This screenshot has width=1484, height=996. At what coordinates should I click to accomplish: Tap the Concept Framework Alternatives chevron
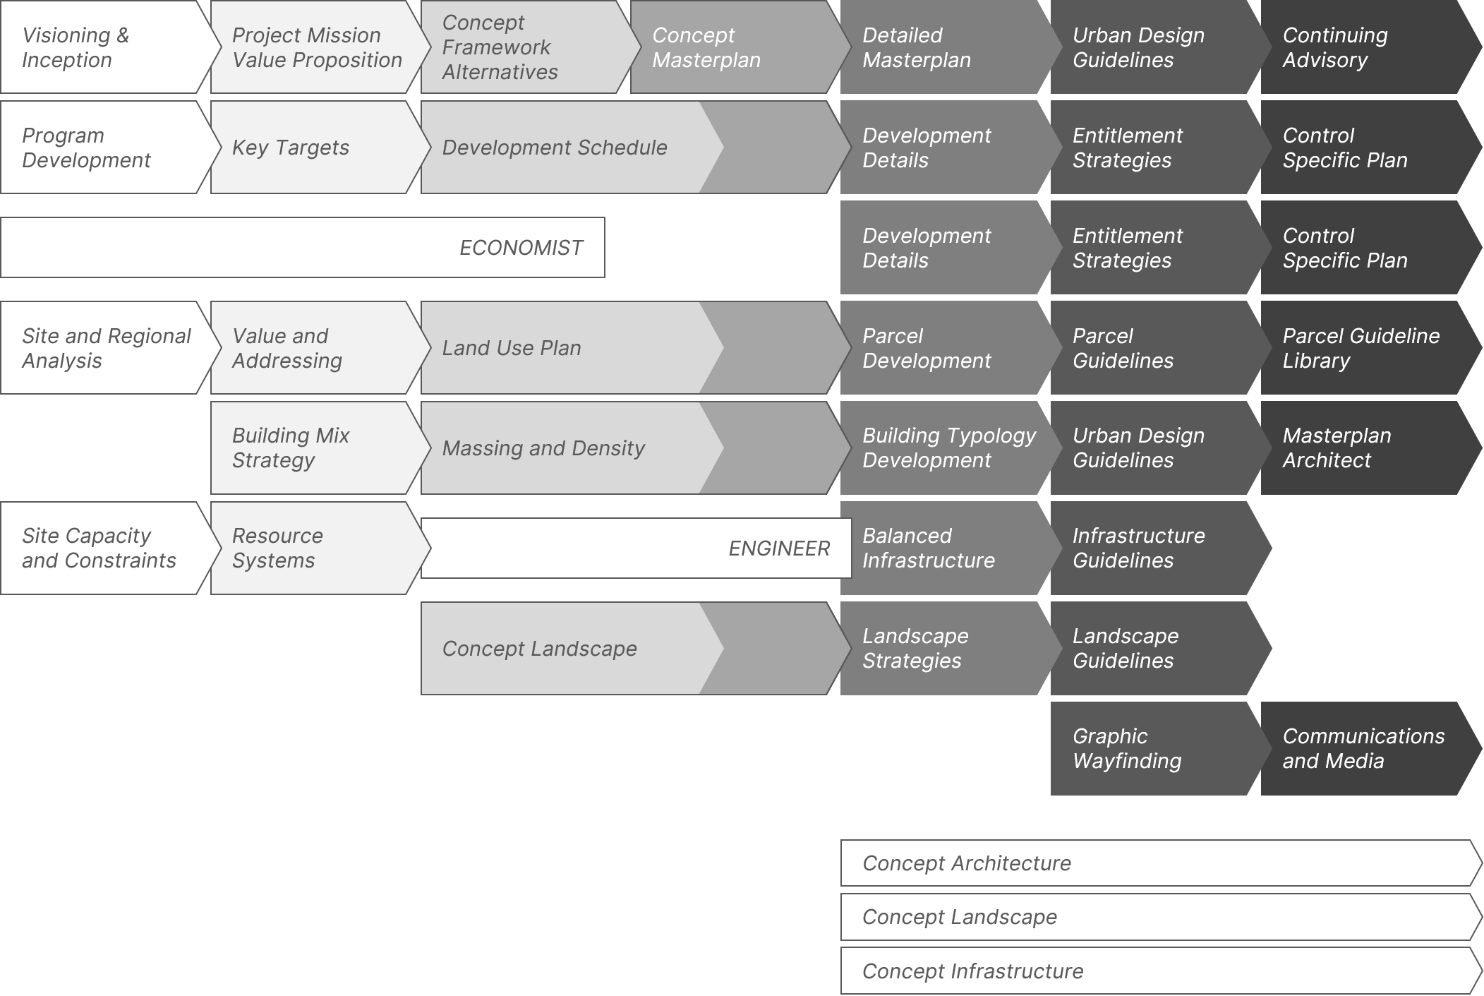coord(519,47)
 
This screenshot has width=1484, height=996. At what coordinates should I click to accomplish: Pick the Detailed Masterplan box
coord(939,47)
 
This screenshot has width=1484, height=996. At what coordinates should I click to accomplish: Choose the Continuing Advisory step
coord(1358,47)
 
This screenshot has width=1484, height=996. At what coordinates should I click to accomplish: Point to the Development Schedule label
coord(554,148)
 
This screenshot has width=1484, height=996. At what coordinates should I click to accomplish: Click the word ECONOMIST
coord(521,248)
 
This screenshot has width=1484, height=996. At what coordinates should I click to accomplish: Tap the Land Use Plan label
coord(512,348)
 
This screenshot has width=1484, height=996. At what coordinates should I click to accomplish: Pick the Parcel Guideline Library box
coord(1361,348)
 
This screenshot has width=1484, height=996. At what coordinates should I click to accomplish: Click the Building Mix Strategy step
coord(310,448)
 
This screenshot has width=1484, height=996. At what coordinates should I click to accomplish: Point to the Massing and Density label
coord(543,448)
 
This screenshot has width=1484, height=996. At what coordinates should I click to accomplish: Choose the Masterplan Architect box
coord(1358,448)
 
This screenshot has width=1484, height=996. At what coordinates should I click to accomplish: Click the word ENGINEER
coord(778,548)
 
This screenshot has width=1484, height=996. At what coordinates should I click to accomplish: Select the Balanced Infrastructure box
coord(939,548)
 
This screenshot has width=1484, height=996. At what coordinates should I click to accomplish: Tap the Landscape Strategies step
coord(939,649)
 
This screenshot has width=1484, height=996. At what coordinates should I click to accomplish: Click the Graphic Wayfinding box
coord(1147,749)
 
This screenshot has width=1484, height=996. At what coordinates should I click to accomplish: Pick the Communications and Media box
coord(1362,749)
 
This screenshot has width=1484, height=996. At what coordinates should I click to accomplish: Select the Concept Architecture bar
coord(1157,863)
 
